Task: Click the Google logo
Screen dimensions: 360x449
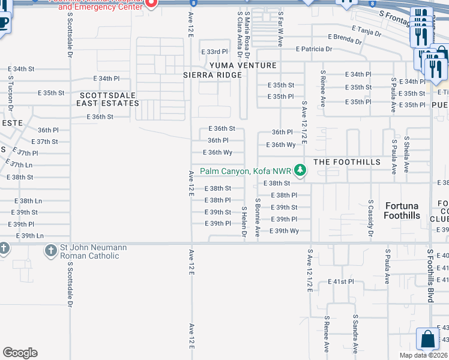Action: (20, 353)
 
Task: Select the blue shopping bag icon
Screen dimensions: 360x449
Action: (429, 339)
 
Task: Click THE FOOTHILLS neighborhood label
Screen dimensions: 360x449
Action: (347, 162)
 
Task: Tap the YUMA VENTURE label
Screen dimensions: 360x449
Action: (243, 65)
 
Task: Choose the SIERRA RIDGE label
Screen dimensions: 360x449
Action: (212, 75)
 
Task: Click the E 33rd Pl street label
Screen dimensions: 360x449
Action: (214, 52)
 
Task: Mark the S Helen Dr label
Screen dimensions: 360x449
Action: (244, 222)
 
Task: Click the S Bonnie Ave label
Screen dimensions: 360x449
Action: (258, 218)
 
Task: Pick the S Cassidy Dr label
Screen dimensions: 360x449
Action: (371, 218)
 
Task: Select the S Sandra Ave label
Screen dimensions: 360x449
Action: (355, 334)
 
